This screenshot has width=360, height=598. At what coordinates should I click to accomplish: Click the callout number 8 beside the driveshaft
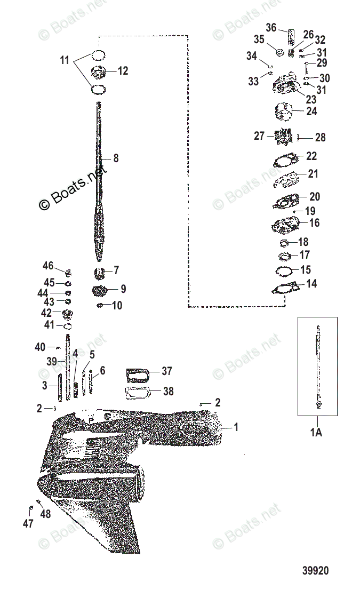click(x=116, y=158)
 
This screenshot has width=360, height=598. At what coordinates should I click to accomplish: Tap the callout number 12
click(x=123, y=70)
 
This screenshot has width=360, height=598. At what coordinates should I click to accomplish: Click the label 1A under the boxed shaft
click(x=317, y=432)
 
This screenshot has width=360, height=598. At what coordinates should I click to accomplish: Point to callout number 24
click(x=311, y=111)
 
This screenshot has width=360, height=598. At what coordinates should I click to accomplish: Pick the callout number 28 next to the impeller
click(x=320, y=138)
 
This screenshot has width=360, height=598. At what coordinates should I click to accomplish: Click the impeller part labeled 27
click(x=283, y=136)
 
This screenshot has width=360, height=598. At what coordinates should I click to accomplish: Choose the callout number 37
click(x=167, y=371)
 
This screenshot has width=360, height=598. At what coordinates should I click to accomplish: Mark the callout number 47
click(x=28, y=523)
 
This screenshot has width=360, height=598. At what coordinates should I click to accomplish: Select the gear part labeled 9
click(x=100, y=291)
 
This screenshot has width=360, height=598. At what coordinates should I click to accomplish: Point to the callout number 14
click(x=311, y=284)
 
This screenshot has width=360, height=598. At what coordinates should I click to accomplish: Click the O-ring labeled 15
click(x=285, y=270)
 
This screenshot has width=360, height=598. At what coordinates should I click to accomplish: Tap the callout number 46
click(x=49, y=266)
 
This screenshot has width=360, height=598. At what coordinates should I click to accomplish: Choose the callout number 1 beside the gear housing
click(x=236, y=427)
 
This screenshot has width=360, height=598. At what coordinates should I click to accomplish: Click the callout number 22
click(x=311, y=156)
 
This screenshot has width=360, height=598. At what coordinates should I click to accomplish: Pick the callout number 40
click(x=40, y=347)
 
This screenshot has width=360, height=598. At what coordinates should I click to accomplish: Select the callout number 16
click(x=315, y=222)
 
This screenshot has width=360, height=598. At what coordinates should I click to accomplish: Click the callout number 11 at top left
click(x=65, y=61)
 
